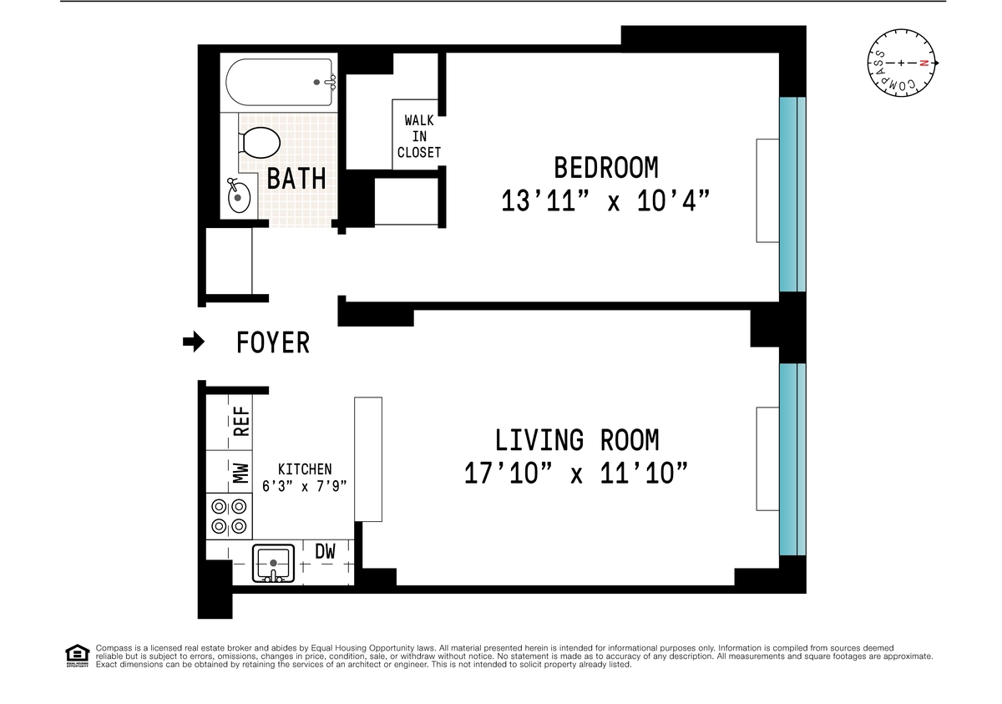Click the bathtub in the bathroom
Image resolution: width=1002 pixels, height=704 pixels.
click(x=281, y=82)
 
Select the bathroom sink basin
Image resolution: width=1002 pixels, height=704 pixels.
click(x=238, y=198)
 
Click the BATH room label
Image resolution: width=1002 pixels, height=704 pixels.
click(x=296, y=179)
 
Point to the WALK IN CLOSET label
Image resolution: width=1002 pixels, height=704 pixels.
click(x=418, y=136)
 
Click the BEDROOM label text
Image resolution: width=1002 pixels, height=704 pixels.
click(x=606, y=168)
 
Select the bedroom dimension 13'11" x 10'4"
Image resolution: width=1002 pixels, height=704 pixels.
click(x=606, y=201)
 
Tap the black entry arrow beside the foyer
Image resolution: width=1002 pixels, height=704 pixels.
click(x=194, y=342)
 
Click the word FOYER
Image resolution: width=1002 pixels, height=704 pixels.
click(x=273, y=342)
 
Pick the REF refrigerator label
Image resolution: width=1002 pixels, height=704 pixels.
click(x=241, y=421)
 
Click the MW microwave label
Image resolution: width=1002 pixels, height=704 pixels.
click(x=241, y=474)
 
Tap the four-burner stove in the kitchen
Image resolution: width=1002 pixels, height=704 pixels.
click(x=230, y=516)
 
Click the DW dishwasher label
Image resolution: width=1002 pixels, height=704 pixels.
click(x=325, y=551)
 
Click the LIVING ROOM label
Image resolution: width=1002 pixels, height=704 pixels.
click(x=577, y=440)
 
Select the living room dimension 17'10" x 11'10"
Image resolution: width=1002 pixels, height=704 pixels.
click(x=577, y=474)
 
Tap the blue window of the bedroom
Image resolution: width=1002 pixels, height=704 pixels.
click(x=792, y=194)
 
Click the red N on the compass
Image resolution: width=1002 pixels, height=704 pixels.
click(x=924, y=63)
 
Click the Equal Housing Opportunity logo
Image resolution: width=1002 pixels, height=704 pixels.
click(x=77, y=656)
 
